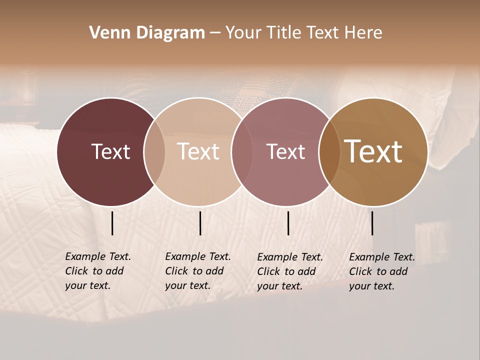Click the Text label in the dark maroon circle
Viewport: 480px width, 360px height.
tap(110, 151)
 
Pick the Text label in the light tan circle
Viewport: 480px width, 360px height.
tap(198, 151)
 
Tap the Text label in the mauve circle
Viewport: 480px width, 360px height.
tap(285, 151)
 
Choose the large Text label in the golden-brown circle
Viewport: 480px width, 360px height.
tap(373, 151)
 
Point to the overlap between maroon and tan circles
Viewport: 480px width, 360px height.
tap(154, 151)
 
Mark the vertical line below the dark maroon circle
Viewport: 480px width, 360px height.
tap(112, 223)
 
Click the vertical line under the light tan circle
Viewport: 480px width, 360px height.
tap(200, 223)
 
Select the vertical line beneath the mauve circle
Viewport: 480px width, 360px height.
tap(288, 223)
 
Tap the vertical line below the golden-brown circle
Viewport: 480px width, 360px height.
tap(372, 223)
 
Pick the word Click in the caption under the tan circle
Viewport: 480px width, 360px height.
tap(176, 271)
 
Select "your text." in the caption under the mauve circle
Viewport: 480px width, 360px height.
tap(279, 286)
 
